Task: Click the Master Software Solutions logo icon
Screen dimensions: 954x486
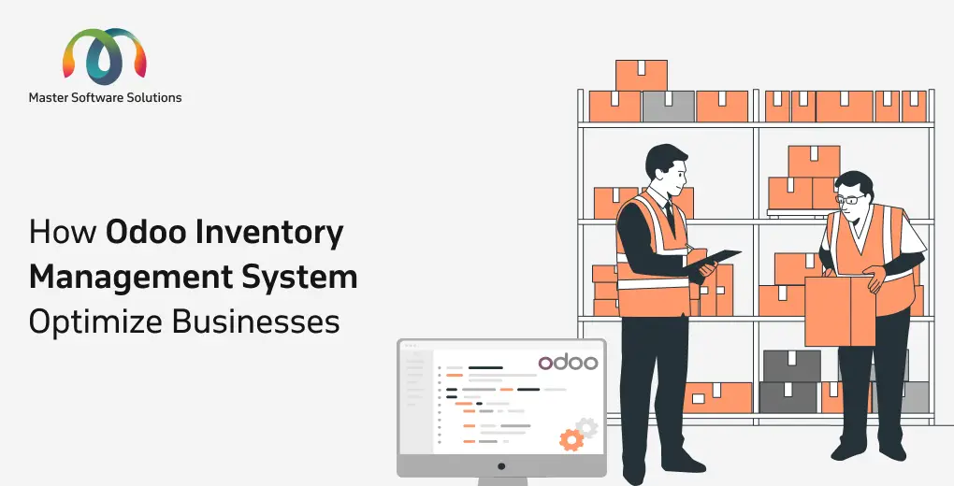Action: point(105,55)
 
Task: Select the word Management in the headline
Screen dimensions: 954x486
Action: point(131,278)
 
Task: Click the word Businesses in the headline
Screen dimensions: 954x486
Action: point(256,322)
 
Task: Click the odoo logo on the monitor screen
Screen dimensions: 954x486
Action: point(568,363)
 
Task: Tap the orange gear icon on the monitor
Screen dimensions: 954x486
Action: point(571,439)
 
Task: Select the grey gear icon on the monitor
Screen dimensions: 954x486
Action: point(587,427)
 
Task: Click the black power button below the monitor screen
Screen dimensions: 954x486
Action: point(501,466)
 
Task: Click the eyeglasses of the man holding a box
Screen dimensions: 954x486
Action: point(850,199)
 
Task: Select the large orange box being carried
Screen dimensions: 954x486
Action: point(840,311)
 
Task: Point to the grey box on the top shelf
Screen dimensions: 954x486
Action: point(668,107)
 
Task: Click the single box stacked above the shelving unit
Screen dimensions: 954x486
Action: point(642,76)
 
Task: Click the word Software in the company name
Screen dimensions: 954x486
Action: point(94,97)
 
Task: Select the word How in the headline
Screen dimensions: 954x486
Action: point(64,234)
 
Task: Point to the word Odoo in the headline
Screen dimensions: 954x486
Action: point(144,233)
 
